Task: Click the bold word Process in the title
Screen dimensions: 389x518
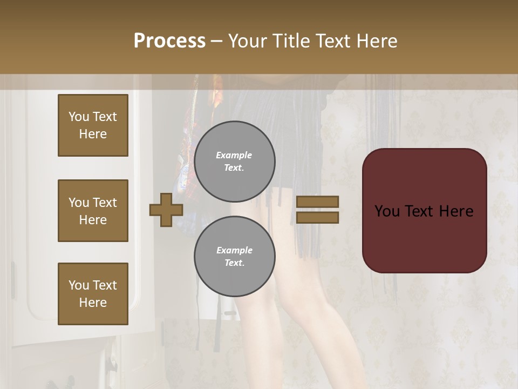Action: click(169, 41)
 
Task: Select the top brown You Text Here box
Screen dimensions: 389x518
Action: click(93, 125)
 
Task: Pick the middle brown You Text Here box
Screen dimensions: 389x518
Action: click(93, 211)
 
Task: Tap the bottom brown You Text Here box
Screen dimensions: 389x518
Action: click(93, 293)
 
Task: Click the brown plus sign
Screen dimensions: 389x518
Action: click(166, 210)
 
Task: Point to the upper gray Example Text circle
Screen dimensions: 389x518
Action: click(235, 162)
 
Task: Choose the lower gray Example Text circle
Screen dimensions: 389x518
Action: click(235, 257)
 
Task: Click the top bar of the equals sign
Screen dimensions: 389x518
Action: click(317, 202)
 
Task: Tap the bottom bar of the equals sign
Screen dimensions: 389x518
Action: click(317, 218)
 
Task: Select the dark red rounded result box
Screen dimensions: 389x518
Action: click(425, 211)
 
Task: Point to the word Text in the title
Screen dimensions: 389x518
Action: click(333, 41)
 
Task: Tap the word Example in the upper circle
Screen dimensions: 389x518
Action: click(234, 155)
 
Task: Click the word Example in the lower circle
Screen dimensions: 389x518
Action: click(234, 250)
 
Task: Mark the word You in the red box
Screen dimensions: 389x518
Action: click(387, 211)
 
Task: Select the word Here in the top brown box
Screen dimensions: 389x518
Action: click(93, 134)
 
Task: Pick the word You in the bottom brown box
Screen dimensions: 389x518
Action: click(79, 285)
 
